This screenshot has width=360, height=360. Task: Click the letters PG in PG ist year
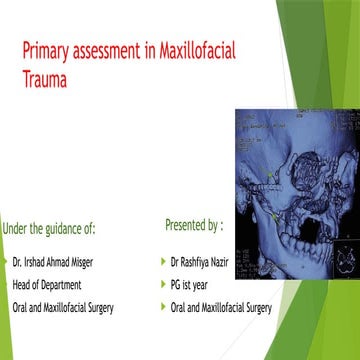(178, 284)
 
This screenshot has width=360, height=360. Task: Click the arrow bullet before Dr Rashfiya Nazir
(163, 262)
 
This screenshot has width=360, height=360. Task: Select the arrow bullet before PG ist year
(163, 284)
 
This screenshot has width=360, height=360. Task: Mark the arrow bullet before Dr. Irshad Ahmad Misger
(5, 263)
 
